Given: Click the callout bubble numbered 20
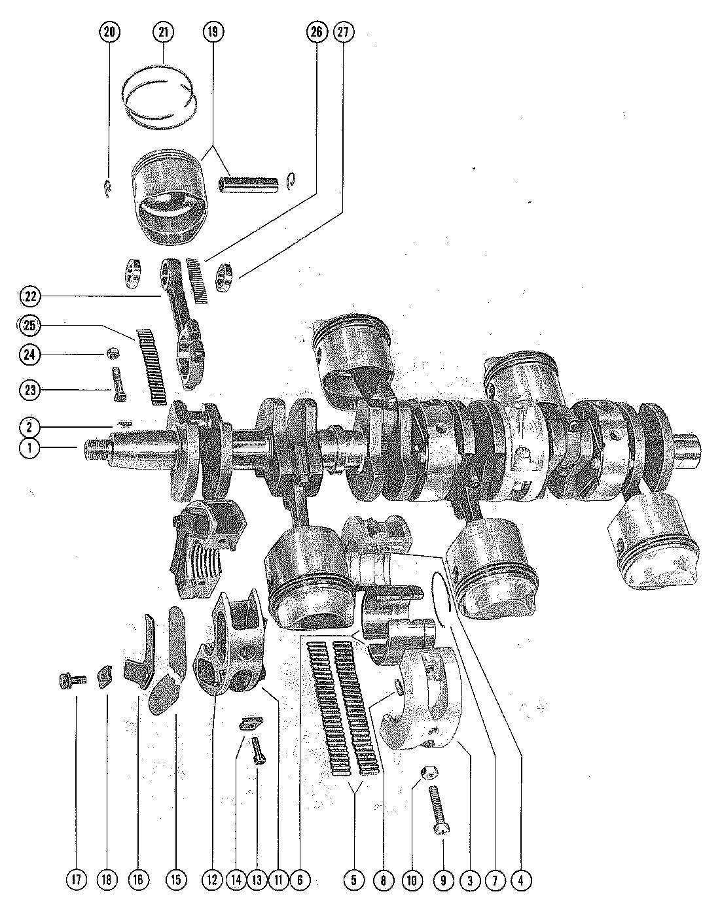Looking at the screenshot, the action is pyautogui.click(x=110, y=31).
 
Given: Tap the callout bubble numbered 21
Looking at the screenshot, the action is pyautogui.click(x=162, y=31).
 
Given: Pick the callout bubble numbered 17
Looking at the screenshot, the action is pyautogui.click(x=76, y=880).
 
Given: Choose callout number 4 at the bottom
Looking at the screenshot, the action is pyautogui.click(x=521, y=880).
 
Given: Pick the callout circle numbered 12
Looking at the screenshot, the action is pyautogui.click(x=212, y=880).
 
